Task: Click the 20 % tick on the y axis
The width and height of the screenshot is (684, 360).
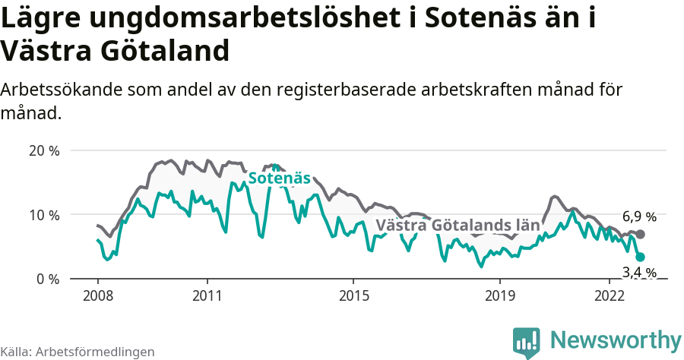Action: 43,150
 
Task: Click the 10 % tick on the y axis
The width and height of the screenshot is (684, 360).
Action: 43,215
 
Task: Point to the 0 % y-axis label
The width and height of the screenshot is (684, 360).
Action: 47,279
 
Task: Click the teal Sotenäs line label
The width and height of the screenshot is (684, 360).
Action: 279,178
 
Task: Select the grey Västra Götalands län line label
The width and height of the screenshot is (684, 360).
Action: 458,225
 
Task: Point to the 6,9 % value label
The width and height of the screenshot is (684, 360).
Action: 639,216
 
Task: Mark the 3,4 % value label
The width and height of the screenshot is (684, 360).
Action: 639,272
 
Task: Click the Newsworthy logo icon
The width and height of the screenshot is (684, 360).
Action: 527,342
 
